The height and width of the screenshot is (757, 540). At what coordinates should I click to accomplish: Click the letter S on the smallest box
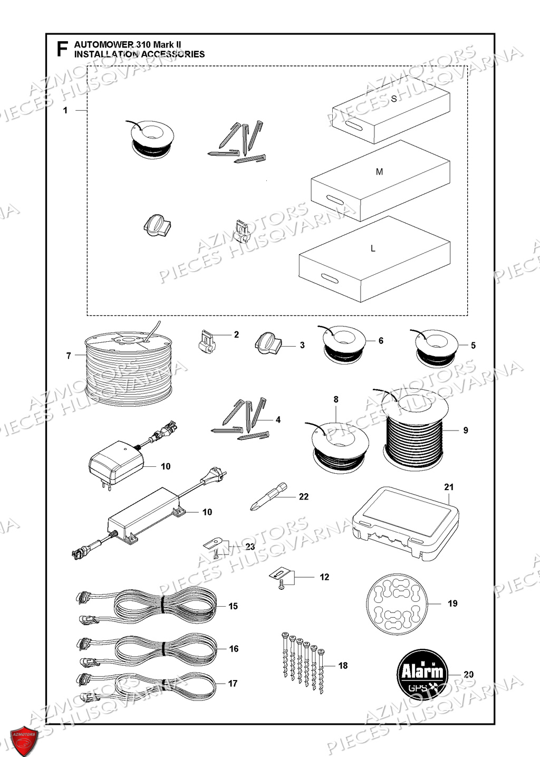point(393,99)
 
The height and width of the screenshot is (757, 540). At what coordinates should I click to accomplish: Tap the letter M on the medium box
point(379,172)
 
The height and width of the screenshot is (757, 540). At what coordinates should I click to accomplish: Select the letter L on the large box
point(373,248)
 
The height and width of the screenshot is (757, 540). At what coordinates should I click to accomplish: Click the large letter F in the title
point(62,50)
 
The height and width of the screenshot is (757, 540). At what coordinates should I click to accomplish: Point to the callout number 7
point(69,356)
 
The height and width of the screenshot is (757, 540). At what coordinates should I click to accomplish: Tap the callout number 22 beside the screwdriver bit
point(304,496)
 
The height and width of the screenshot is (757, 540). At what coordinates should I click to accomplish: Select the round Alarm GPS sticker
point(422,674)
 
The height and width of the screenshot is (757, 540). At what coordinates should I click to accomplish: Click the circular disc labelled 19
point(396,603)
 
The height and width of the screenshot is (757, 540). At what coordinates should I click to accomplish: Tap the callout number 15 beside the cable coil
point(233,606)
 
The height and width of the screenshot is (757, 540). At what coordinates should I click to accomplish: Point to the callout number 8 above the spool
point(336,399)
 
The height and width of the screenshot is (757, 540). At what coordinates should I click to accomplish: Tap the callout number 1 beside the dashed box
point(65,110)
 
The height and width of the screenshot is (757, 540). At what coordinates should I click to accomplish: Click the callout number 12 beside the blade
point(324,577)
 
